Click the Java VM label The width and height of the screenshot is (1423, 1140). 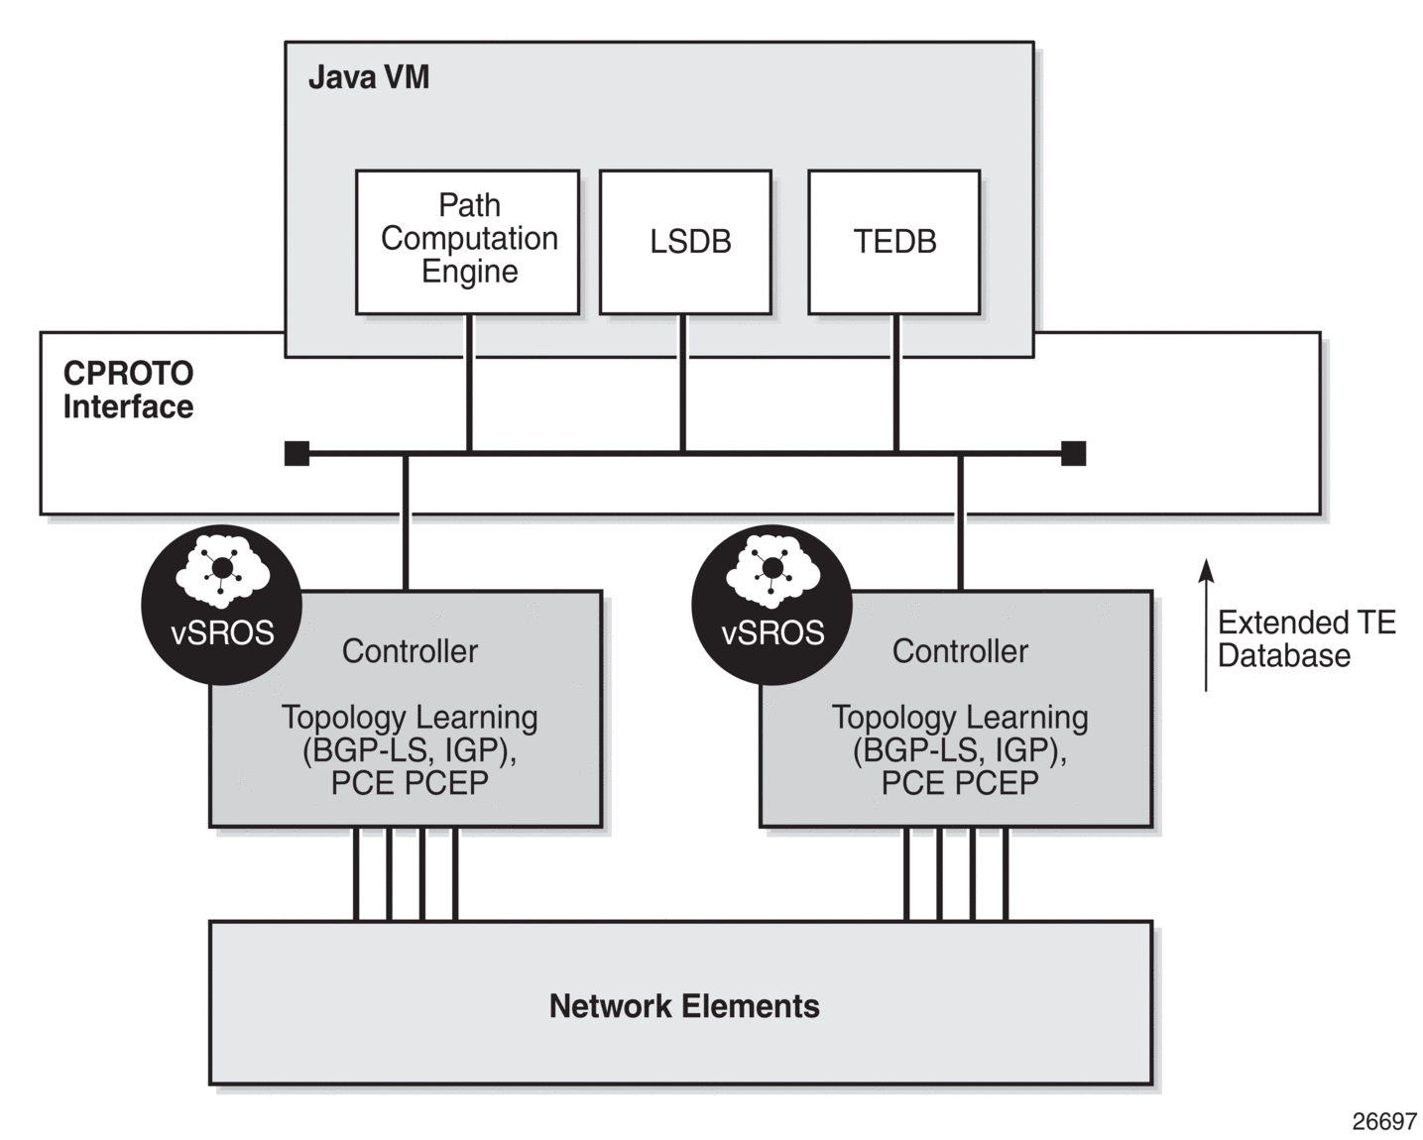click(x=368, y=77)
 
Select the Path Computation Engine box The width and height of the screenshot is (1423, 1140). click(x=467, y=242)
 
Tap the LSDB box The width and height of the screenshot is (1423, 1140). click(x=685, y=242)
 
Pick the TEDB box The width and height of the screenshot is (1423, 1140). click(x=894, y=242)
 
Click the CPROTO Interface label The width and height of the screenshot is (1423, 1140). click(x=128, y=391)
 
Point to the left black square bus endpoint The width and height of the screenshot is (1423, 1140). click(x=296, y=454)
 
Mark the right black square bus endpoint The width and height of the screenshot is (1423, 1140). click(x=1073, y=454)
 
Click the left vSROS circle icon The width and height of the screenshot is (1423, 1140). click(x=221, y=605)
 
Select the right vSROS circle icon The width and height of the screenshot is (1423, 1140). click(x=771, y=605)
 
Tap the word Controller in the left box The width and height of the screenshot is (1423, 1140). click(x=410, y=651)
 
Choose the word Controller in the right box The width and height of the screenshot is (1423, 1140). click(x=960, y=651)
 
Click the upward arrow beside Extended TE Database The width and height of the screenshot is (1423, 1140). click(x=1206, y=625)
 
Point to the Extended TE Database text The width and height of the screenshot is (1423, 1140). click(x=1307, y=638)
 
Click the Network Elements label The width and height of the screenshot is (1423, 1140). click(x=684, y=1006)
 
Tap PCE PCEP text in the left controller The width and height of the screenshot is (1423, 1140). click(x=410, y=783)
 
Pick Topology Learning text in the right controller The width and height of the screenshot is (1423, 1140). click(x=960, y=718)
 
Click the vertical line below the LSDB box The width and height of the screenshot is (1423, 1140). click(x=683, y=384)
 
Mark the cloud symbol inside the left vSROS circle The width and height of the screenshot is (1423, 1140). click(x=221, y=570)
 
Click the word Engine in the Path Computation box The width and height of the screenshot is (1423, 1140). click(x=469, y=272)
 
